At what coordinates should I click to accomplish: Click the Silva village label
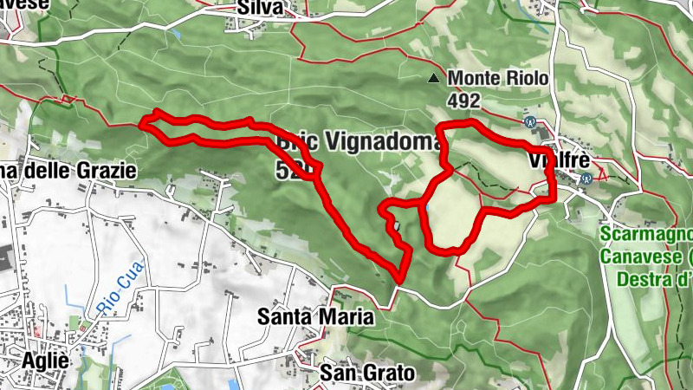point(260,8)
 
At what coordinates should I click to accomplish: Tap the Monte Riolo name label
point(498,79)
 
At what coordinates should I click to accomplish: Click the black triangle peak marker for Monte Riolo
point(433,80)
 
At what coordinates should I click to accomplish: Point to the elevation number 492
point(464,101)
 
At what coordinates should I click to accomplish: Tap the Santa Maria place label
point(315,317)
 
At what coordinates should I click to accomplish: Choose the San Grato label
point(367,373)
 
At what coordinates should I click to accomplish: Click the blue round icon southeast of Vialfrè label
point(586,179)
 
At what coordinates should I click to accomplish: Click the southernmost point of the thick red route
point(399,278)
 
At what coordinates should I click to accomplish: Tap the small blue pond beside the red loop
point(424,209)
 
